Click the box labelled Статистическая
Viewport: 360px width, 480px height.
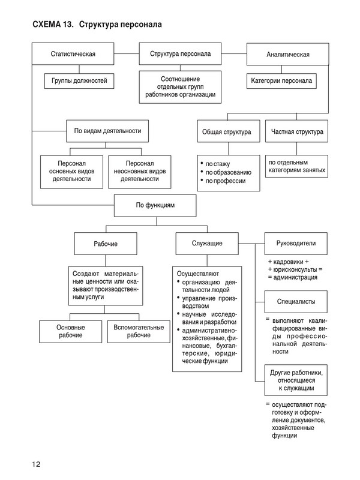pos(73,55)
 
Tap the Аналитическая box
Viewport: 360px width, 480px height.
pos(287,55)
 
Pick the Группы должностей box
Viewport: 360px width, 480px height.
pos(79,80)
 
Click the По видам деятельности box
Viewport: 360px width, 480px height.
pos(107,131)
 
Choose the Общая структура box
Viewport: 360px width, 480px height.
pos(228,131)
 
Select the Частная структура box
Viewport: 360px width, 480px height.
pos(296,131)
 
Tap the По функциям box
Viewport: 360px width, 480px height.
pos(155,205)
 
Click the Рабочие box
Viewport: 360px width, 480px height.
pos(106,244)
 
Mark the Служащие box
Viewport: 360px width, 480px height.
pos(207,244)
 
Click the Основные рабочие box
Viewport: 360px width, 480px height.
pos(71,332)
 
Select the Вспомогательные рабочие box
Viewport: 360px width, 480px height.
pos(139,332)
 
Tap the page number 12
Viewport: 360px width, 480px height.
pos(37,463)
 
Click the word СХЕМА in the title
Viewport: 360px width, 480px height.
pos(50,25)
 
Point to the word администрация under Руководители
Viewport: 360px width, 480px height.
pos(295,277)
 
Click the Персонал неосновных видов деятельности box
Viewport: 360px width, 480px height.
pos(139,171)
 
